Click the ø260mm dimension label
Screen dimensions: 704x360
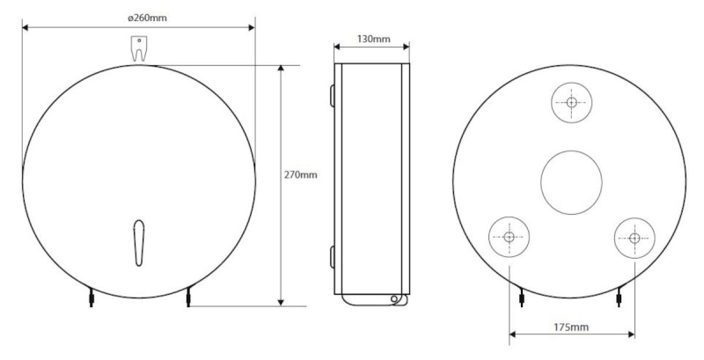coord(147,18)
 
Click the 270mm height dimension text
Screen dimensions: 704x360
coord(300,174)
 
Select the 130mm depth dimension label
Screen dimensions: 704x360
coord(373,39)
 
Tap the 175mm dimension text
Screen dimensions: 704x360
coord(571,327)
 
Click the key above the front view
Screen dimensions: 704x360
coord(139,48)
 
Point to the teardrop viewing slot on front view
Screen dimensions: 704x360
coord(139,243)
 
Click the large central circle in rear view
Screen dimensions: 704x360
coord(571,182)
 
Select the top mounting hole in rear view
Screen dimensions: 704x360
coord(571,102)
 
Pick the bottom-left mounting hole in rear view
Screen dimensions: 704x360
coord(509,237)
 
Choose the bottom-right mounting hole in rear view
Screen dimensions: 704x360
coord(634,238)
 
